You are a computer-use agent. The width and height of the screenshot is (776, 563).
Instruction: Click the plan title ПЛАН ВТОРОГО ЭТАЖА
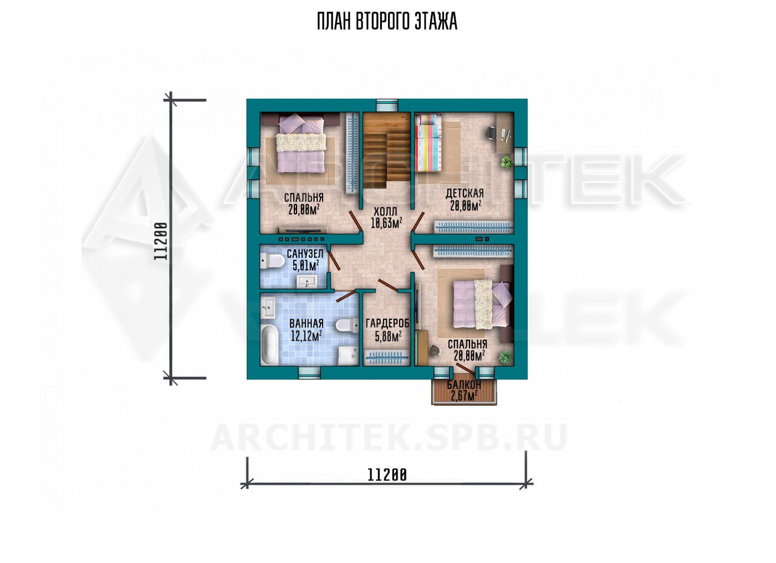(387, 22)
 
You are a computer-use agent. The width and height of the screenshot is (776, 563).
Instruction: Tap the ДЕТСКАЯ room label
(464, 193)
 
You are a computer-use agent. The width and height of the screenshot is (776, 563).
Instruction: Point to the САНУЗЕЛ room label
(305, 254)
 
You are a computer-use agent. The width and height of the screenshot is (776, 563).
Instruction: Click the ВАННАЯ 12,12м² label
(306, 330)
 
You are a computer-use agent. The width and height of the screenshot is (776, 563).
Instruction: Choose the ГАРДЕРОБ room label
(387, 324)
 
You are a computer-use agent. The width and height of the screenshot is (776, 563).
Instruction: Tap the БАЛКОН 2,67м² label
(464, 390)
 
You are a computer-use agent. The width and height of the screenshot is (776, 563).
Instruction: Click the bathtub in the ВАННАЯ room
(269, 345)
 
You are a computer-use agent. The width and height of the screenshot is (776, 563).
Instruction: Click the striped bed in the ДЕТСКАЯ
(428, 144)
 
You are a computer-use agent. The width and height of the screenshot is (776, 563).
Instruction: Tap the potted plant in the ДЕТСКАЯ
(507, 162)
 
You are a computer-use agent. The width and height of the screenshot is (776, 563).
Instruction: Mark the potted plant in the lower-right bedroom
(506, 357)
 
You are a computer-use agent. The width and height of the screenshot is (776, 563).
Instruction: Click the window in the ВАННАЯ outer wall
(309, 373)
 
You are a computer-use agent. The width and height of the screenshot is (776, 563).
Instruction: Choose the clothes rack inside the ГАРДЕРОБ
(386, 357)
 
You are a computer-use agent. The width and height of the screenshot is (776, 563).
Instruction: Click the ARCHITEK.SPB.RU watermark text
(389, 438)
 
